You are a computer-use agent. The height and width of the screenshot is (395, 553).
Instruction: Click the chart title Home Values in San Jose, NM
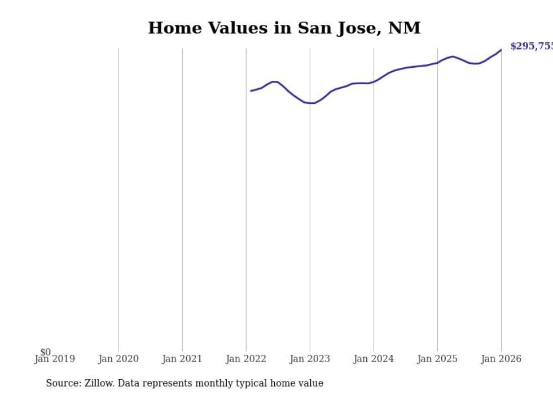click(284, 28)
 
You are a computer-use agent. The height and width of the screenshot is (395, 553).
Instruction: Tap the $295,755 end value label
click(531, 46)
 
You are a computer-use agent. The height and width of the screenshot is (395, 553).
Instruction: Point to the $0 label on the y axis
click(45, 352)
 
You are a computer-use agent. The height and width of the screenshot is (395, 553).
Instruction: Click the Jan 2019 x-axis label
click(54, 359)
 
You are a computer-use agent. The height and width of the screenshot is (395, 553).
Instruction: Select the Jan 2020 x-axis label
click(118, 359)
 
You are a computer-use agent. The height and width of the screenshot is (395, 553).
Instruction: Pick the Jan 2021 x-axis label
click(182, 359)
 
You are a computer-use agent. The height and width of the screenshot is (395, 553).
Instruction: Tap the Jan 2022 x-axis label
click(246, 359)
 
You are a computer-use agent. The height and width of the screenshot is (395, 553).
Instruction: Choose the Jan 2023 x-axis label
click(310, 359)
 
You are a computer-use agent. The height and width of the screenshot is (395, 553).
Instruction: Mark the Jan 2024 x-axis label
click(374, 359)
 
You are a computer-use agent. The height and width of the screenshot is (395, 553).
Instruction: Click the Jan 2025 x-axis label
click(437, 359)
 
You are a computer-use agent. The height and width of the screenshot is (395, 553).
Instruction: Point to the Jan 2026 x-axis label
click(501, 359)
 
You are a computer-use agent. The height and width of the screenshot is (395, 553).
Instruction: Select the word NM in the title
click(404, 28)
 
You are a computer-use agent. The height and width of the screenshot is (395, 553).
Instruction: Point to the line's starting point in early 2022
click(251, 90)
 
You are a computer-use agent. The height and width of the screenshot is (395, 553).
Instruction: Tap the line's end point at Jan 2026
click(501, 50)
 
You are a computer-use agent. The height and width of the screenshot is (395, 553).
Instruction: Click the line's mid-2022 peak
click(274, 82)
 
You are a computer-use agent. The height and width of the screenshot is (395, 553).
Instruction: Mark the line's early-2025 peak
click(453, 57)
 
